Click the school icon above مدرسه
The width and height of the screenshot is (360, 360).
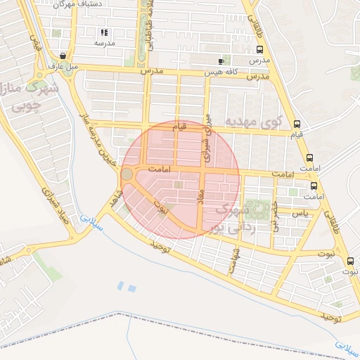pos(105,32)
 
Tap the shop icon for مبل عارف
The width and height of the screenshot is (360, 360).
pos(64,56)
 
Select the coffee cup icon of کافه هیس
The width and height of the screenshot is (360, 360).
pos(222,61)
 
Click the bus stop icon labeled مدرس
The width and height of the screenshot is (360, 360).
pos(260,51)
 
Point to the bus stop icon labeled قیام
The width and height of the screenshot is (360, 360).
pos(297,122)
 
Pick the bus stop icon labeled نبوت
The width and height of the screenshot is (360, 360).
pos(349,261)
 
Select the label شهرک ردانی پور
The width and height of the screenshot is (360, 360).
pos(229,218)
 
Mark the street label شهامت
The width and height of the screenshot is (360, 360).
pos(235,260)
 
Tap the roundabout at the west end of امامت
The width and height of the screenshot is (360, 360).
pos(127,173)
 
